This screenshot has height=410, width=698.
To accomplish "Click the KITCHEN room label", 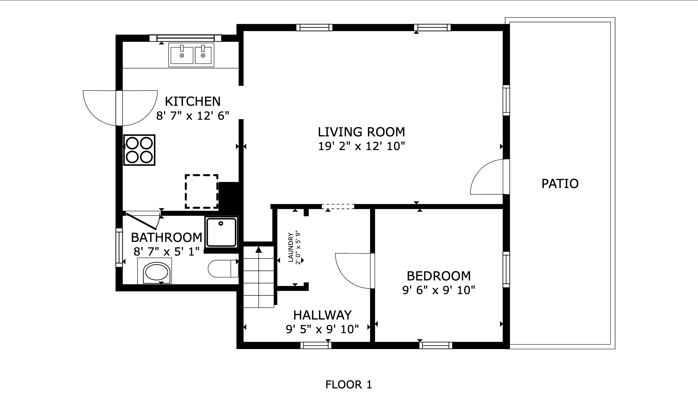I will pos(193,101).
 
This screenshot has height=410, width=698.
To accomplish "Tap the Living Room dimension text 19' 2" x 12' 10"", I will pos(361,146).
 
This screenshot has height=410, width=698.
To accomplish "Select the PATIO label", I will pos(560,184).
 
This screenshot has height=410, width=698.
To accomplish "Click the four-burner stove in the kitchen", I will pos(139,150).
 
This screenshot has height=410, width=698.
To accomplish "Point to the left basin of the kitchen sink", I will pos(182,55).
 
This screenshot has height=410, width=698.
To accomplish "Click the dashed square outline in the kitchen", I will pos(201,191).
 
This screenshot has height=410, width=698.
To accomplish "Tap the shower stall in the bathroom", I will pos(221,232).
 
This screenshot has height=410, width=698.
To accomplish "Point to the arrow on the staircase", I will pos(258,250).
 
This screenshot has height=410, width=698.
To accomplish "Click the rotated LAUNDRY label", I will pos(290,247).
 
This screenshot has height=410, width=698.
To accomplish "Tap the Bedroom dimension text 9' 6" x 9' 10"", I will pos(438,290).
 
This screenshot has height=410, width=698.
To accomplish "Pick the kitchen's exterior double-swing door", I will pos(120,108).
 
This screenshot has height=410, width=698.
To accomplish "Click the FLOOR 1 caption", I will pos(348,385).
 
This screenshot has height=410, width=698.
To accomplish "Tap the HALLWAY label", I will pos(322,315).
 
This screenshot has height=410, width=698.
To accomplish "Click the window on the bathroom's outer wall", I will pos(119,247).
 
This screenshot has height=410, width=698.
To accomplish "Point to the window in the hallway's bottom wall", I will pos(316,345).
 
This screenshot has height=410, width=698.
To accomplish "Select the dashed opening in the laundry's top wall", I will pos(338,206).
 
